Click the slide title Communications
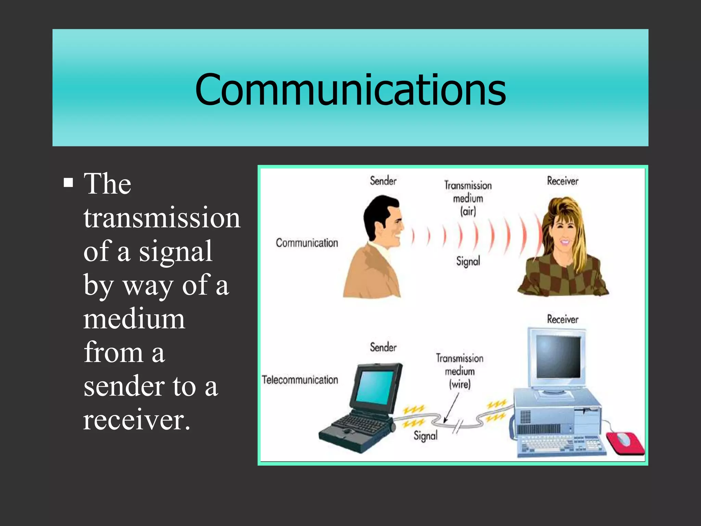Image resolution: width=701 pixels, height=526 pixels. click(350, 89)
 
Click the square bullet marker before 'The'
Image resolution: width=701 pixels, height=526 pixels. click(68, 183)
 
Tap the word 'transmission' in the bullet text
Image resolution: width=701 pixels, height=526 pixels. click(162, 218)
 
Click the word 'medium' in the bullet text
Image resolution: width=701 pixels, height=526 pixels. click(134, 319)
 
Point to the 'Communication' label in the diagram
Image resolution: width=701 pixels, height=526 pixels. click(307, 243)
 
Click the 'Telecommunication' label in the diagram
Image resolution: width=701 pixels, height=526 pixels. click(300, 380)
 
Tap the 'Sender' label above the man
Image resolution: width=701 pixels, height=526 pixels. click(383, 181)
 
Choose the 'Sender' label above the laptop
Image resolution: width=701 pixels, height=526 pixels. click(383, 347)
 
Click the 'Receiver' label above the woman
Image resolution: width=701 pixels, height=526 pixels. click(562, 181)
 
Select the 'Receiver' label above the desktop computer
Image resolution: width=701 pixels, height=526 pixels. click(562, 319)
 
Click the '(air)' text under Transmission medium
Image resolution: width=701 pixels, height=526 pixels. click(468, 211)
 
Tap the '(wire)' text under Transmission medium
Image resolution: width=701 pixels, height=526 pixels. click(460, 384)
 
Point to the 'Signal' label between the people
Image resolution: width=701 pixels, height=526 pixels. click(468, 261)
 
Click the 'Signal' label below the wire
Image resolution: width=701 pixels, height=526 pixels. click(425, 436)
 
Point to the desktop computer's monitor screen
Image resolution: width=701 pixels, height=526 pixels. click(558, 356)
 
